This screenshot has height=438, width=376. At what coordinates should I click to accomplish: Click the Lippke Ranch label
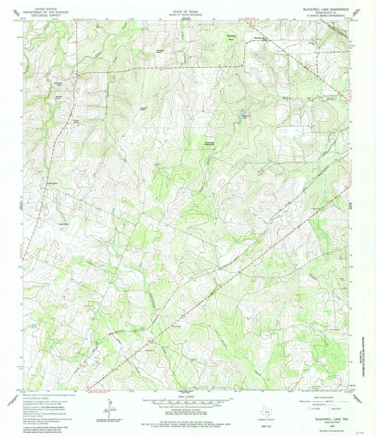(63, 225)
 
